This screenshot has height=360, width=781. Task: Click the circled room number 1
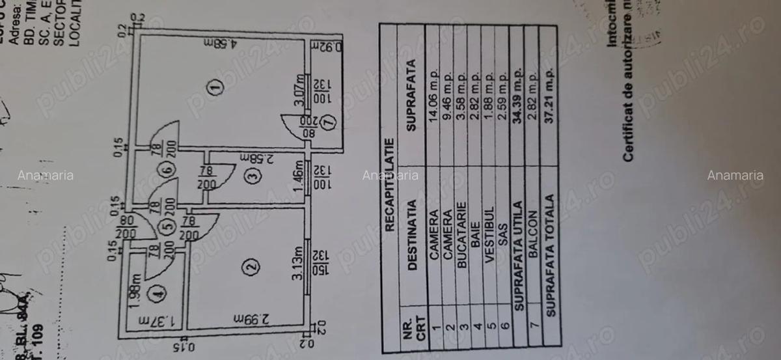click(216, 86)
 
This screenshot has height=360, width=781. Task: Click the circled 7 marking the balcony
click(330, 120)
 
